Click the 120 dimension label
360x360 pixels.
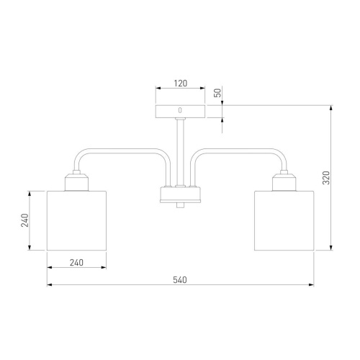pos(181,84)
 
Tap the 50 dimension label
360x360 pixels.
pos(217,93)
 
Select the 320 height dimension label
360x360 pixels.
pos(326,178)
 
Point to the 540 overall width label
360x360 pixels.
pos(180,280)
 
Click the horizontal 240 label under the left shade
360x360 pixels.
pos(76,263)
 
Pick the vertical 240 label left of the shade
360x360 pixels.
pos(24,220)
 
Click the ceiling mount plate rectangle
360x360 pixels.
pos(180,112)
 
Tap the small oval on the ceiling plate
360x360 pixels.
pos(180,110)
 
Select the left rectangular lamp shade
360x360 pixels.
pos(76,220)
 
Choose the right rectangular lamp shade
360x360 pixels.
pos(284,220)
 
